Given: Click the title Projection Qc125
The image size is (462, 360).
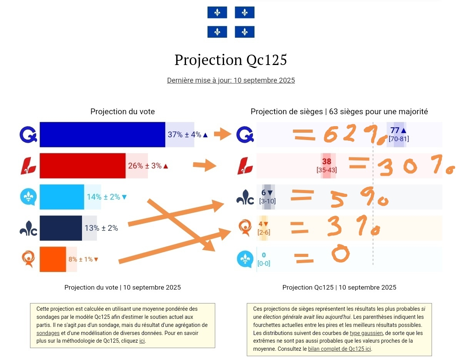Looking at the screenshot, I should pyautogui.click(x=231, y=60).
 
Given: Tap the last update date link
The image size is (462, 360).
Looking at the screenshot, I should pyautogui.click(x=231, y=80).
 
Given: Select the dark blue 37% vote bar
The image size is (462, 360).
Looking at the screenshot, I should pyautogui.click(x=102, y=135).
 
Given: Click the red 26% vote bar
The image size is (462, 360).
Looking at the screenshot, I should pyautogui.click(x=82, y=166).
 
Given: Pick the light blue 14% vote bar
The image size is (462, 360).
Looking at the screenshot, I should pyautogui.click(x=62, y=197).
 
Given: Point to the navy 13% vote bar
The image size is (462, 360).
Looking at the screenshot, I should pyautogui.click(x=61, y=228).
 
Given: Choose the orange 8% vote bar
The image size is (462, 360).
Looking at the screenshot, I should pyautogui.click(x=53, y=259).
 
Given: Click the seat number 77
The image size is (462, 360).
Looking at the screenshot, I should pyautogui.click(x=395, y=130).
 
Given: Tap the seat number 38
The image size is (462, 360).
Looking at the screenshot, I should pyautogui.click(x=326, y=162).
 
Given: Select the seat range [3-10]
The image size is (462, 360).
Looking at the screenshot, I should pyautogui.click(x=267, y=201).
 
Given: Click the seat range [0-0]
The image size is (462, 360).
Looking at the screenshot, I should pyautogui.click(x=264, y=263).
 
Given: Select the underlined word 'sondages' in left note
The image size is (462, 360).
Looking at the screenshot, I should pyautogui.click(x=48, y=333).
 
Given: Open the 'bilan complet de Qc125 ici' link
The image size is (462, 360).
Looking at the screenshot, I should pyautogui.click(x=340, y=349).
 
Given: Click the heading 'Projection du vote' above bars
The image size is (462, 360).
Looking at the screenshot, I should pyautogui.click(x=122, y=112).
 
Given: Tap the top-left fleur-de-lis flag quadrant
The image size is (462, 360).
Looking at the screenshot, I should pyautogui.click(x=217, y=12).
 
